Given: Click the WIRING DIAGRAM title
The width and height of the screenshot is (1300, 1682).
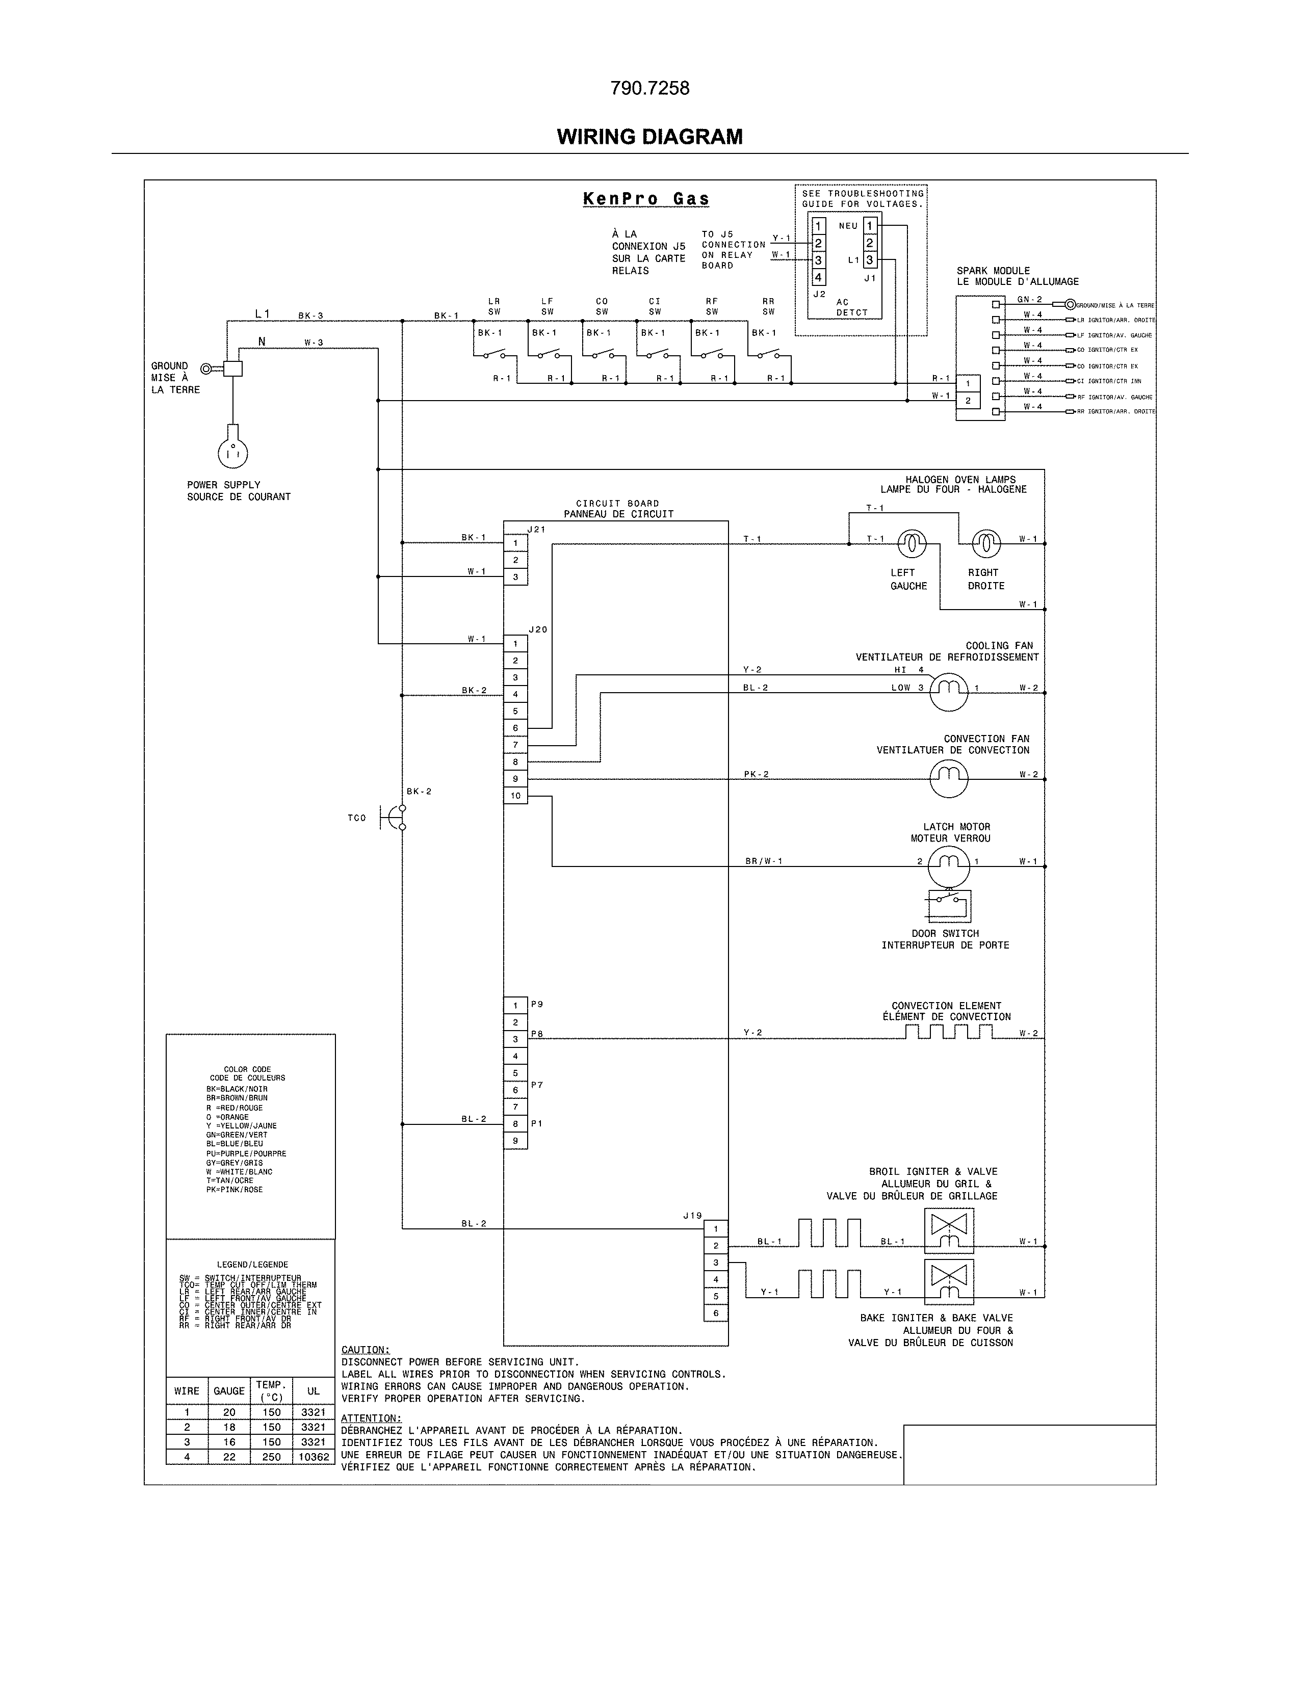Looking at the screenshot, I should point(649,137).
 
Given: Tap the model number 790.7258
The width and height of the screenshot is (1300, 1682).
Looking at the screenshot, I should point(649,89).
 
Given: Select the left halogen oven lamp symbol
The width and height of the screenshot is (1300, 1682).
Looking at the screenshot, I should point(911,544).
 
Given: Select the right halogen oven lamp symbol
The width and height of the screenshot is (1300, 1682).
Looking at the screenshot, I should point(986,544).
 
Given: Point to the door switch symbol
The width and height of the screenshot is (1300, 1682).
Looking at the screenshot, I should point(949,906).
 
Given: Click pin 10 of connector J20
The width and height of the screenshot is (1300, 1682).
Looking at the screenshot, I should point(515,796).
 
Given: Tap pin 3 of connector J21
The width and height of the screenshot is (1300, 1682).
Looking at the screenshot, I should point(515,577).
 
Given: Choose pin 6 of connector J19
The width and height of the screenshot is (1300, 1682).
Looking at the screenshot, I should point(715,1313).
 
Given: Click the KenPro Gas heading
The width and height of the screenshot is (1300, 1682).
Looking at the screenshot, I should point(646,199).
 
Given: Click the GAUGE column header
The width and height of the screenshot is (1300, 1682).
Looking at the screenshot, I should point(229,1391).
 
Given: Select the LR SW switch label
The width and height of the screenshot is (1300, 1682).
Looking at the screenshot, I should point(493,306).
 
